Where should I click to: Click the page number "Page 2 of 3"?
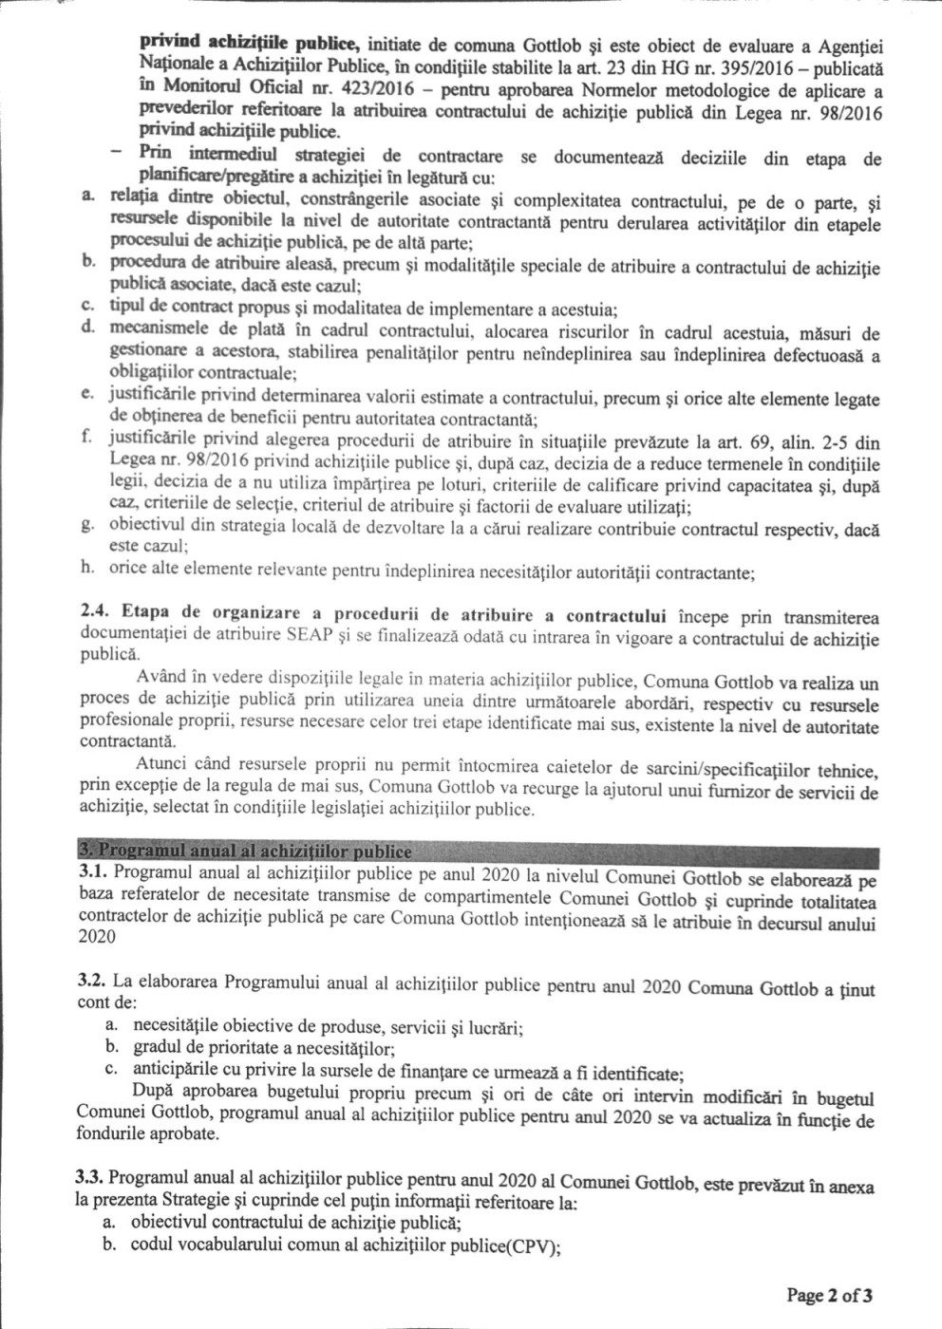point(828,1294)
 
